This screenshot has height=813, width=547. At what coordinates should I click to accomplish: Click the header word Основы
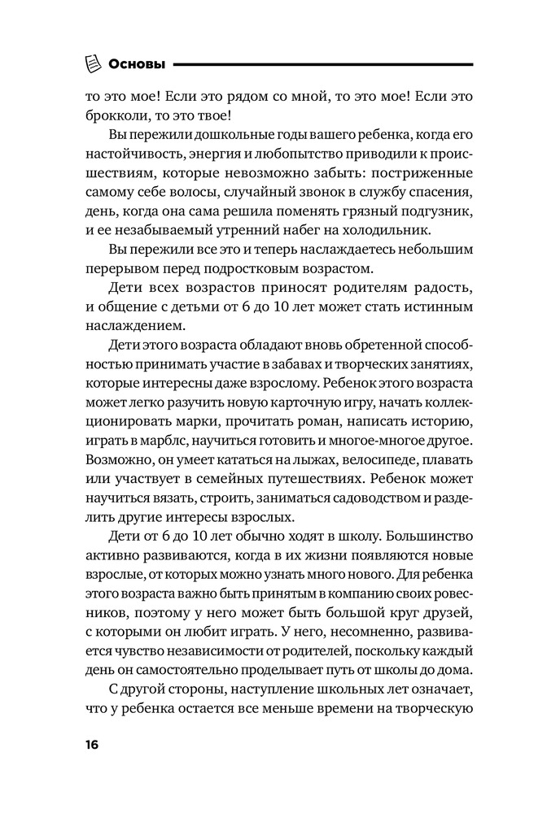tap(137, 63)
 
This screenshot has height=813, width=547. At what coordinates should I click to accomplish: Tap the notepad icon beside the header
tap(94, 63)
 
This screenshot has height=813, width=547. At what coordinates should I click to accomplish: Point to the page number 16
tap(88, 747)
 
